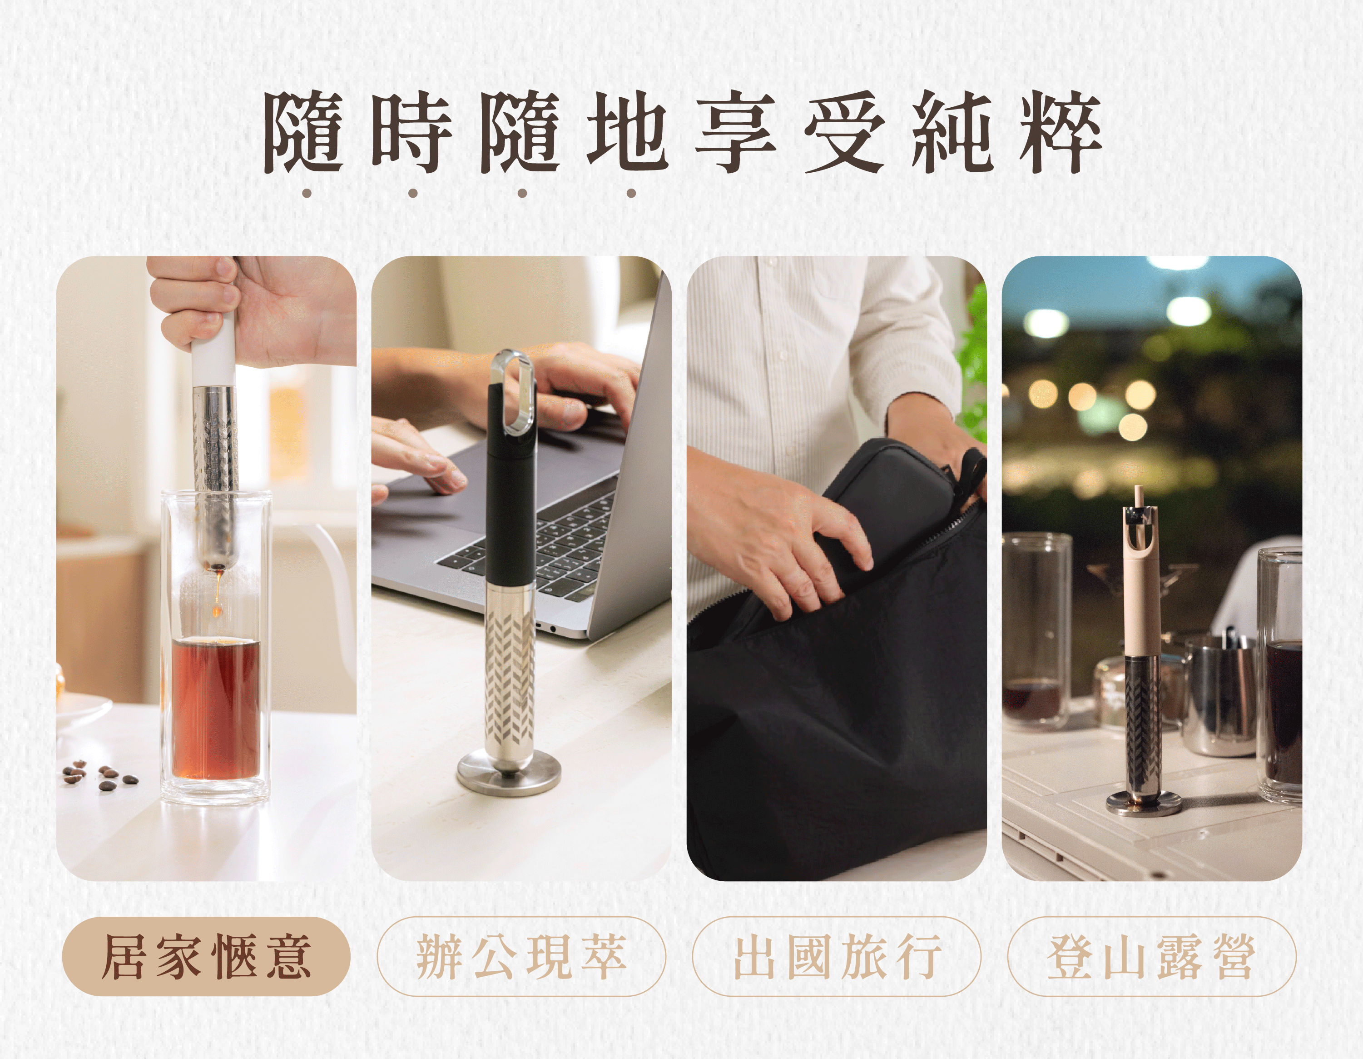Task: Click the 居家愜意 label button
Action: (206, 956)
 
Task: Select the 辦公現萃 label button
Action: (521, 956)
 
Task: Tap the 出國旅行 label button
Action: (837, 956)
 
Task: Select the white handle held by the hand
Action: (213, 350)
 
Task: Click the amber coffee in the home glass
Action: (216, 709)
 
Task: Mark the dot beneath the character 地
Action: (631, 193)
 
